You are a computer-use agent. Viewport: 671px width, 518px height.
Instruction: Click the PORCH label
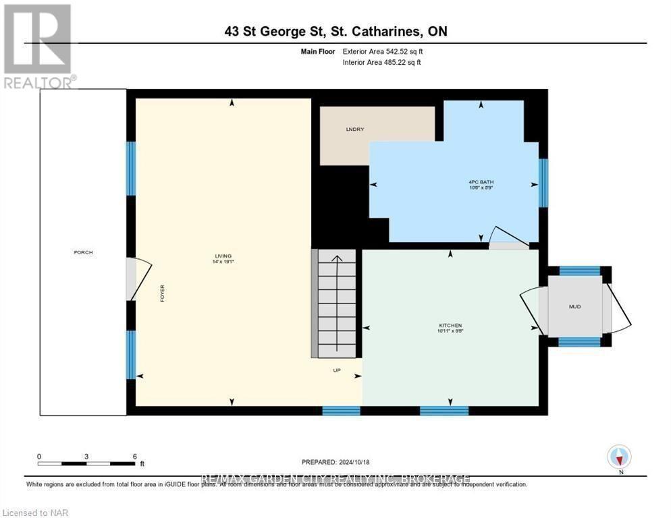click(84, 252)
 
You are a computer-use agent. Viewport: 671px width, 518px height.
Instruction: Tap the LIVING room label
click(223, 256)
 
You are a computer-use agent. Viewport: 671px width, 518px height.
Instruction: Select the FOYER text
click(162, 293)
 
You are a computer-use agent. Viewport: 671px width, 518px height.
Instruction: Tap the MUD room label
click(574, 306)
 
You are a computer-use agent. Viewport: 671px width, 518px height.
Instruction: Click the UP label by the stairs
click(337, 370)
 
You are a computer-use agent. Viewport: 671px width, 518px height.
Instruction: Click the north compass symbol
click(619, 457)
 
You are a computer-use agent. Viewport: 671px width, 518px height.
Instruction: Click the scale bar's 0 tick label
click(39, 456)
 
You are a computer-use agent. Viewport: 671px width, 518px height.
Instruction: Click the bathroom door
click(508, 239)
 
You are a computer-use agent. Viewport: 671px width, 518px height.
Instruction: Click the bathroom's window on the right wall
click(543, 182)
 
